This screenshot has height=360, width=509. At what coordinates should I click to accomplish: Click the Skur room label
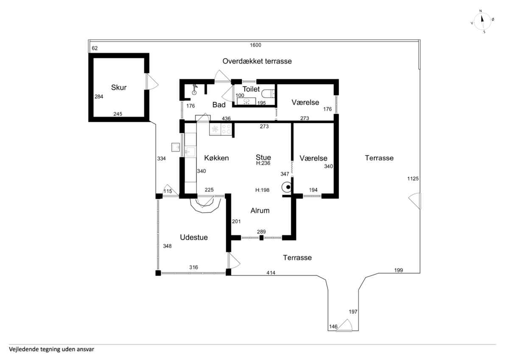pyautogui.click(x=119, y=87)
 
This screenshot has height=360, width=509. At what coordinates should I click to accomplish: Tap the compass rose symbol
pyautogui.click(x=482, y=22)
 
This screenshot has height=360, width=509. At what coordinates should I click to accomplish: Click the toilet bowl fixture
pyautogui.click(x=268, y=93)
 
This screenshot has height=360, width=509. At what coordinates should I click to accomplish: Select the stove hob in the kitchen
pyautogui.click(x=227, y=129)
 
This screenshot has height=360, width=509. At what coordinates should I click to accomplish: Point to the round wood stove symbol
pyautogui.click(x=287, y=187)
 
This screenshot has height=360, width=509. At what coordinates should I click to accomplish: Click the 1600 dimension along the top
pyautogui.click(x=255, y=45)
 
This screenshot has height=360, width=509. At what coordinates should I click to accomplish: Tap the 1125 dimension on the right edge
pyautogui.click(x=413, y=179)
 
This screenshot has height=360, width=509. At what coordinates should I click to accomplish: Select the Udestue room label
pyautogui.click(x=194, y=237)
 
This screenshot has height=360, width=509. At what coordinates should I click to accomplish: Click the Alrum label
pyautogui.click(x=260, y=211)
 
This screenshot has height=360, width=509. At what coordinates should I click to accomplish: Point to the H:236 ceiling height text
pyautogui.click(x=263, y=163)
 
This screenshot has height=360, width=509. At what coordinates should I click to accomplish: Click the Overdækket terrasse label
pyautogui.click(x=257, y=61)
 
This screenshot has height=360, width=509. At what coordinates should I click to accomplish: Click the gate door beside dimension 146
pyautogui.click(x=344, y=326)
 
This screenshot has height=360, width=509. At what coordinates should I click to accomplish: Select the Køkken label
pyautogui.click(x=216, y=158)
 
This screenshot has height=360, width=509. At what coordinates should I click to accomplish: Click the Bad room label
pyautogui.click(x=219, y=105)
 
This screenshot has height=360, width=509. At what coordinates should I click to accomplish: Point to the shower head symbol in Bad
pyautogui.click(x=195, y=90)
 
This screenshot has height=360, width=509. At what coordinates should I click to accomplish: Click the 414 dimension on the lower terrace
pyautogui.click(x=271, y=273)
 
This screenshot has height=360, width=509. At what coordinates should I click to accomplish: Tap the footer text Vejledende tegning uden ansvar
pyautogui.click(x=52, y=349)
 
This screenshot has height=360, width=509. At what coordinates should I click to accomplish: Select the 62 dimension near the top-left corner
pyautogui.click(x=95, y=48)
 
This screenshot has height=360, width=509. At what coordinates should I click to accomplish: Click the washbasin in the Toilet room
pyautogui.click(x=246, y=101)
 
